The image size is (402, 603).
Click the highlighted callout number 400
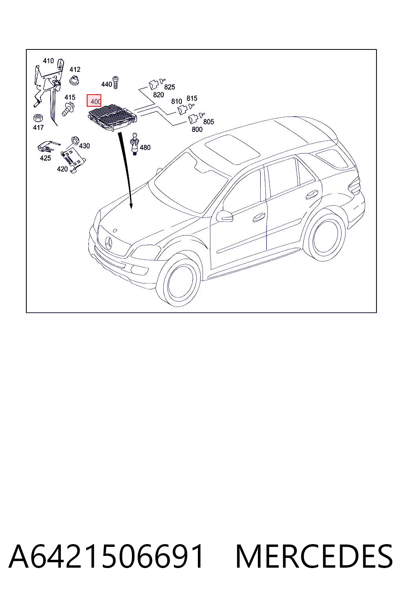[x=94, y=100]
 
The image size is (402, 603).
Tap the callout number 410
[x=48, y=61]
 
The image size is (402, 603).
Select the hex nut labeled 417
[x=37, y=118]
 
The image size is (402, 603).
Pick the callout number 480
[x=145, y=148]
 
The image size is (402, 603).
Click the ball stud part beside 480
[x=135, y=144]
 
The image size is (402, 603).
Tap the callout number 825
[x=169, y=87]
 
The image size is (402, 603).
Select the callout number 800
[x=197, y=130]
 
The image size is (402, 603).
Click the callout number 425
[x=45, y=158]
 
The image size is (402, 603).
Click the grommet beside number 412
[x=74, y=80]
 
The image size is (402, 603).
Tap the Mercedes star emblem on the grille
[x=109, y=242]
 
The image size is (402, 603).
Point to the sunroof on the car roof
[x=233, y=150]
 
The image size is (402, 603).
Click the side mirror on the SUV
[x=225, y=216]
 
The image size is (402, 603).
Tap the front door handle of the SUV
[x=259, y=217]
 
